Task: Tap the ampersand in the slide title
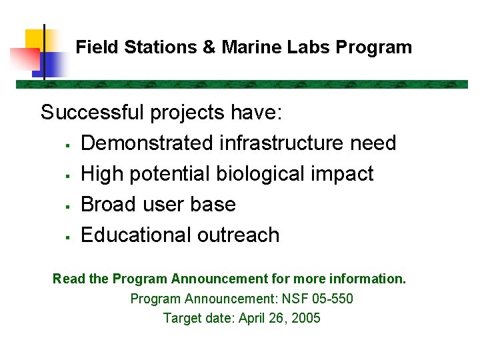[x=209, y=47]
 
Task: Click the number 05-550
[x=331, y=299]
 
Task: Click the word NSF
[x=293, y=299]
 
